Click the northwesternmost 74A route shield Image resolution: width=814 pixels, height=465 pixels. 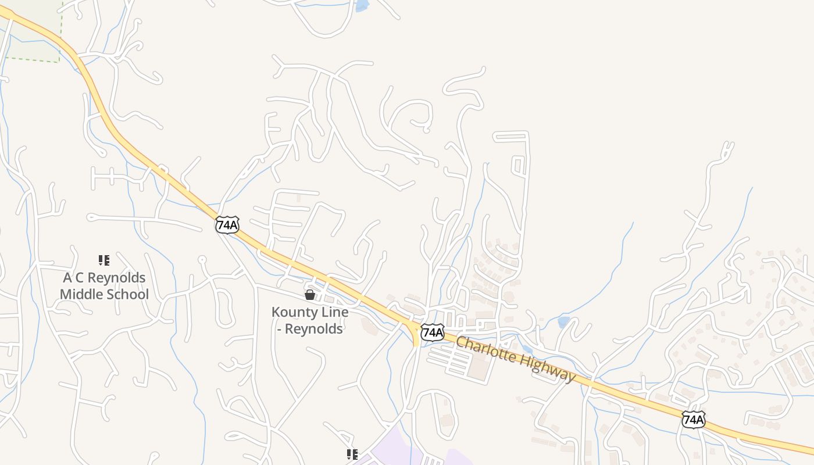(227, 225)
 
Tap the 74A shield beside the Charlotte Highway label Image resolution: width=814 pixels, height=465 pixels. (432, 332)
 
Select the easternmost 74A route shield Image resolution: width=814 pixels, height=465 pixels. (694, 419)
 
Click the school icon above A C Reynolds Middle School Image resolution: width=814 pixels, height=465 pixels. (104, 260)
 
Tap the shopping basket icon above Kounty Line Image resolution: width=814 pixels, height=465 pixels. (310, 295)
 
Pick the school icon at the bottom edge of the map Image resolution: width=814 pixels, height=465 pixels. (352, 454)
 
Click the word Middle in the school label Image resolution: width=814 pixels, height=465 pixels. (84, 295)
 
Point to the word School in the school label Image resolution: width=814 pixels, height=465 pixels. (130, 295)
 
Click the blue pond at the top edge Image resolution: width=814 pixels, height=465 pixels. (362, 5)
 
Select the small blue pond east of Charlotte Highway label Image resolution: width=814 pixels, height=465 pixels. (563, 321)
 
